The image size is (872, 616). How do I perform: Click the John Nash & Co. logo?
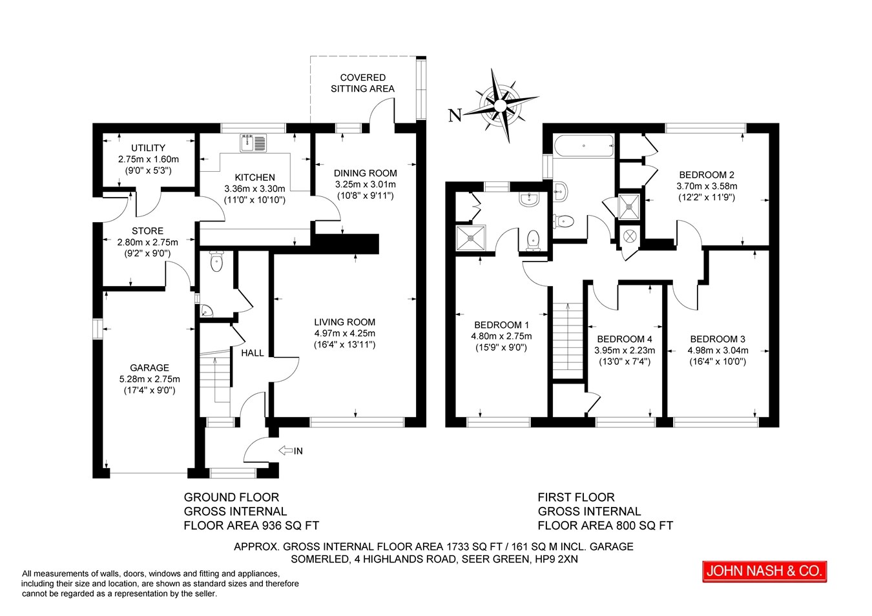point(764,571)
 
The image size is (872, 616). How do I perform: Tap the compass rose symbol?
point(501,105)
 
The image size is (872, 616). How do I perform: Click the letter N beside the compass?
point(455,116)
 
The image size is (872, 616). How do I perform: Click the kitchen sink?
point(253,143)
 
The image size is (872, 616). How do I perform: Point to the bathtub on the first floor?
point(583,146)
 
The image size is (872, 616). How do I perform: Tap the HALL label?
point(253,353)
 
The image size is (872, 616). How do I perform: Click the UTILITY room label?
point(148,148)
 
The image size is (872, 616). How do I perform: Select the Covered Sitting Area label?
point(363,83)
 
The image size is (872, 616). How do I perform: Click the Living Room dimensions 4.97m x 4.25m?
point(344,333)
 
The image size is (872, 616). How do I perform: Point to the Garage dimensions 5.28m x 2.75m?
point(149,379)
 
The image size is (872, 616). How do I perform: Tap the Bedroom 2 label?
point(707,175)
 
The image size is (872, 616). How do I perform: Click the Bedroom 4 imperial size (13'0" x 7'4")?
point(625,362)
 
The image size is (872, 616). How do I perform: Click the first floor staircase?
point(568,337)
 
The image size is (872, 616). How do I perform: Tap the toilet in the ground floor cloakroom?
point(216,261)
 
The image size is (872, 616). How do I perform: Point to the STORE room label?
point(147,231)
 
